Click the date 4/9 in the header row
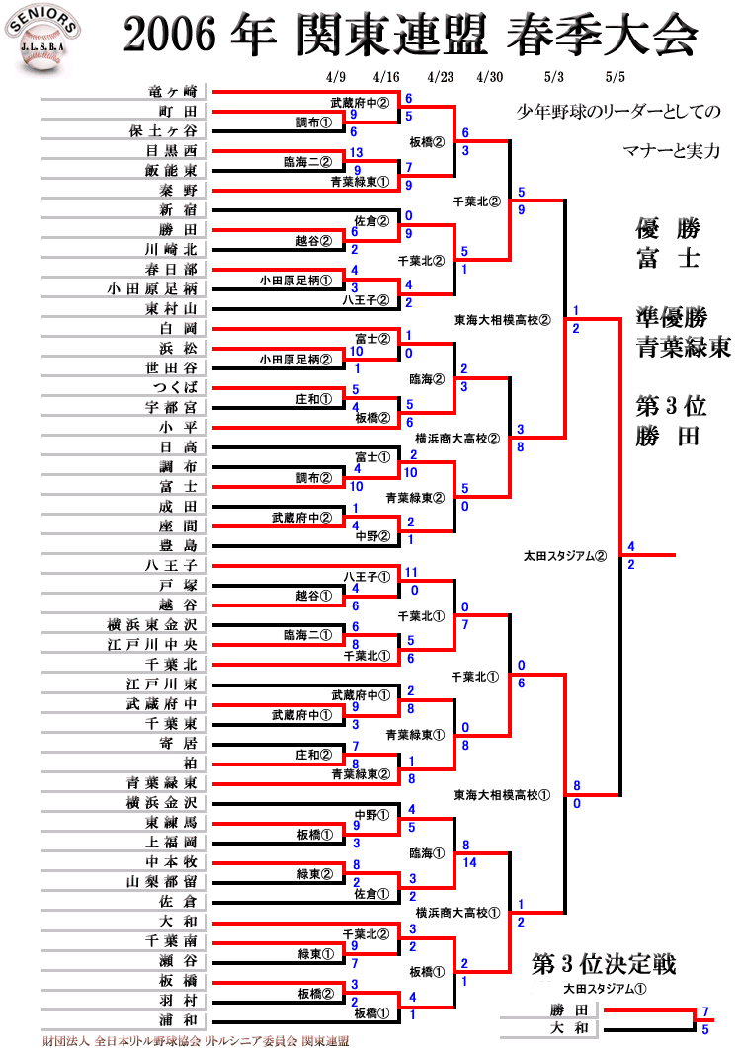tap(336, 76)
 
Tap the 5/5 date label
tap(616, 76)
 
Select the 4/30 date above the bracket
tap(490, 76)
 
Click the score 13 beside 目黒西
tap(356, 152)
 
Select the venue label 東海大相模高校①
tap(503, 794)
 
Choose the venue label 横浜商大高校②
tap(457, 439)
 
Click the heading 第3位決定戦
tap(604, 964)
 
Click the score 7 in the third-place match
tap(705, 1012)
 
